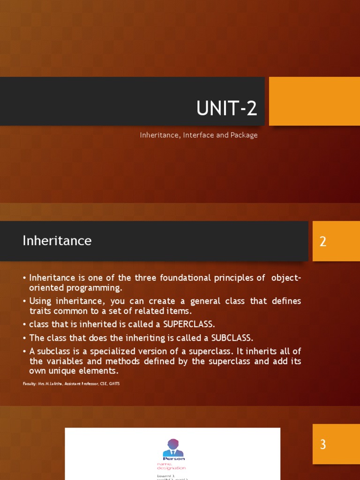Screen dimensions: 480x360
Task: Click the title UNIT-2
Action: tap(226, 109)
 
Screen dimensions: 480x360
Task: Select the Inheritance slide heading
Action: tap(57, 240)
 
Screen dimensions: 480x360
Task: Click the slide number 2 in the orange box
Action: tap(323, 242)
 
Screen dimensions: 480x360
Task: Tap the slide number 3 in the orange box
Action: tap(323, 444)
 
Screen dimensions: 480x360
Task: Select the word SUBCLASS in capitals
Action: tap(232, 337)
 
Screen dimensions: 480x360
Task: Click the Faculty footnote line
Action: tap(71, 384)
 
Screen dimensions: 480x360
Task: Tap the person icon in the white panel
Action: tap(173, 448)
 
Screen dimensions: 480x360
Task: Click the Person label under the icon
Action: tap(173, 458)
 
